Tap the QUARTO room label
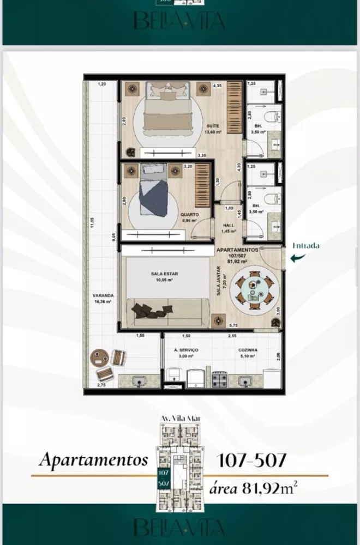[190, 215]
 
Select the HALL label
[229, 225]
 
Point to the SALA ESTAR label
[161, 274]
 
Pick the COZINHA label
[248, 350]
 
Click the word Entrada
[305, 246]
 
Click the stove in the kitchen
[220, 379]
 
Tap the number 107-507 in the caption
[252, 461]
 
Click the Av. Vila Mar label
[180, 418]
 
